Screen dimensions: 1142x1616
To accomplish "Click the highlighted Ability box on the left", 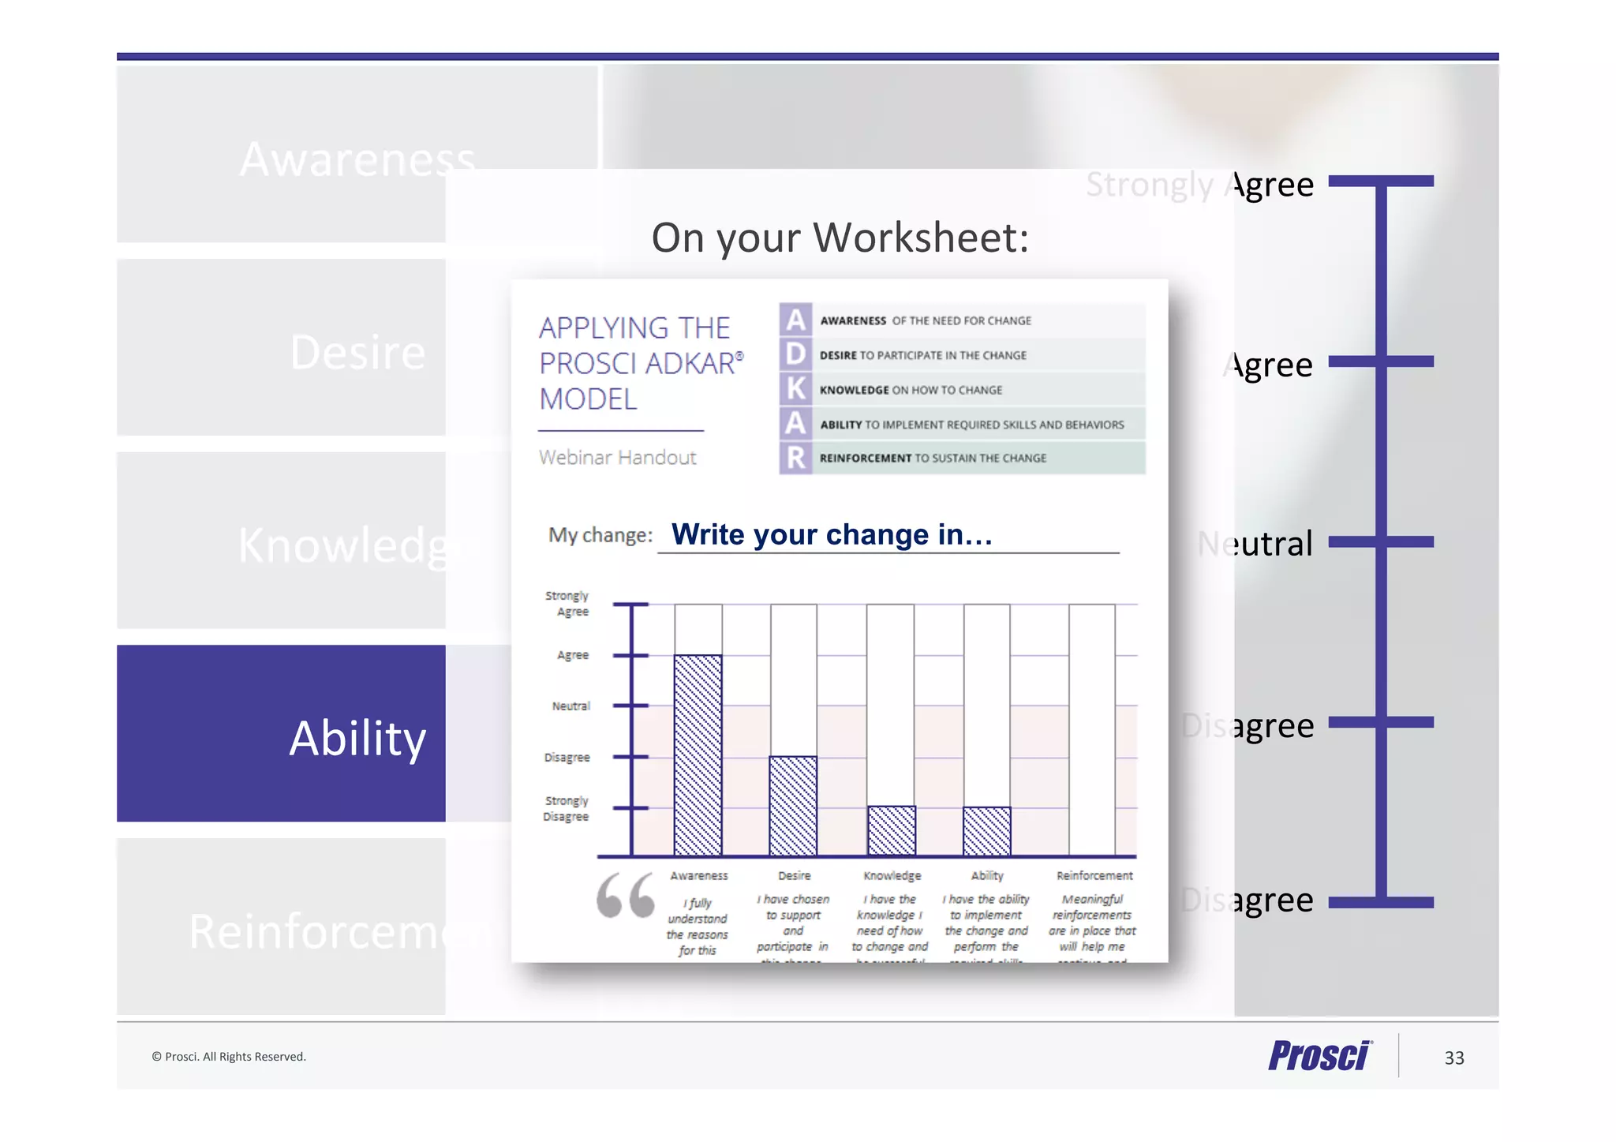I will click(281, 734).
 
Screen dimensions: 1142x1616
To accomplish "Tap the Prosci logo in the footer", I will click(1319, 1056).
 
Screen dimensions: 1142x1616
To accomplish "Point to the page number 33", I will click(1453, 1058).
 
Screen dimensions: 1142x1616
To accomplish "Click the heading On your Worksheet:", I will click(840, 237).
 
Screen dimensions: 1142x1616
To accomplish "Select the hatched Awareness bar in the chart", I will click(698, 754).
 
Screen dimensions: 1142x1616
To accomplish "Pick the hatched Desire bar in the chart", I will click(793, 805).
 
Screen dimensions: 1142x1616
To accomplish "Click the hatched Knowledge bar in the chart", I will click(891, 830).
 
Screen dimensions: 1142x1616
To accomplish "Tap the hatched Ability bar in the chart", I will click(986, 831).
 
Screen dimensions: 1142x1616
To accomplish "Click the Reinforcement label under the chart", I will click(1094, 875).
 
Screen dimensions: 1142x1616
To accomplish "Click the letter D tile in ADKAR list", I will click(795, 354).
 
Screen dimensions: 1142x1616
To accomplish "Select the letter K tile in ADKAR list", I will click(795, 389).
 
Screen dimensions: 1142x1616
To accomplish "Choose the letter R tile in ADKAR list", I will click(795, 458).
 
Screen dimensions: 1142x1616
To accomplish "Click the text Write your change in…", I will click(832, 534).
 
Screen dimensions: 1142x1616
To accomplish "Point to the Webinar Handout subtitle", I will click(617, 457).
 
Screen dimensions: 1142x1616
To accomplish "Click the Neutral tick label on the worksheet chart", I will click(570, 706).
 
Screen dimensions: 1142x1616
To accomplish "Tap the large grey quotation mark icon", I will click(625, 895).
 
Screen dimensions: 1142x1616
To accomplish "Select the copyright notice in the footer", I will click(229, 1057).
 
